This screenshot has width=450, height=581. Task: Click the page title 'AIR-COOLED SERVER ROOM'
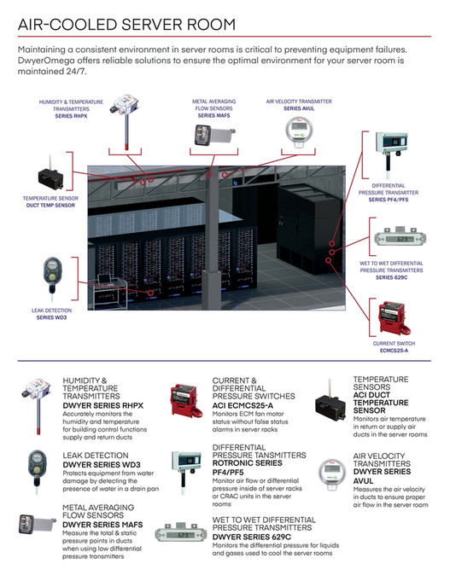click(x=126, y=25)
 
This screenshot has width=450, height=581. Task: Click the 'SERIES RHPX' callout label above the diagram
click(x=71, y=116)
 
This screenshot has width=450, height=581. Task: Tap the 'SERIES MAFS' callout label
click(x=213, y=116)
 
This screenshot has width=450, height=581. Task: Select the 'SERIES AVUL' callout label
click(x=299, y=108)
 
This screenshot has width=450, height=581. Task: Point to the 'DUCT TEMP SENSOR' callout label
click(x=50, y=206)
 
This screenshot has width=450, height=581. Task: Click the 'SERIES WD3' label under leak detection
click(x=51, y=317)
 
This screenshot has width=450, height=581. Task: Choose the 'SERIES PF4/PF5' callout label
click(x=389, y=200)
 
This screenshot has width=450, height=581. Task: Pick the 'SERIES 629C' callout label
click(x=391, y=277)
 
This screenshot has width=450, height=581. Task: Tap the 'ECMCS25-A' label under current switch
click(x=394, y=351)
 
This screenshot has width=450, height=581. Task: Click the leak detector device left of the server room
click(x=53, y=274)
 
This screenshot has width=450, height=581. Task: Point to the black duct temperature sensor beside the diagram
click(x=51, y=175)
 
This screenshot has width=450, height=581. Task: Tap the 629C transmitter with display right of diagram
click(x=400, y=237)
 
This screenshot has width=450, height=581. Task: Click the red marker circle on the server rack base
click(x=150, y=293)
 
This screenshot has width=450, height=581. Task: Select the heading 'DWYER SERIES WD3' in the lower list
click(x=102, y=465)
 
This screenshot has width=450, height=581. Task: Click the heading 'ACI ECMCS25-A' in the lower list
click(x=243, y=405)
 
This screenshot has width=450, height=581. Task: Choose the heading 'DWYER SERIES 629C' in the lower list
click(x=252, y=537)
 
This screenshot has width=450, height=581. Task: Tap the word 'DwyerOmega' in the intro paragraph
click(x=46, y=61)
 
